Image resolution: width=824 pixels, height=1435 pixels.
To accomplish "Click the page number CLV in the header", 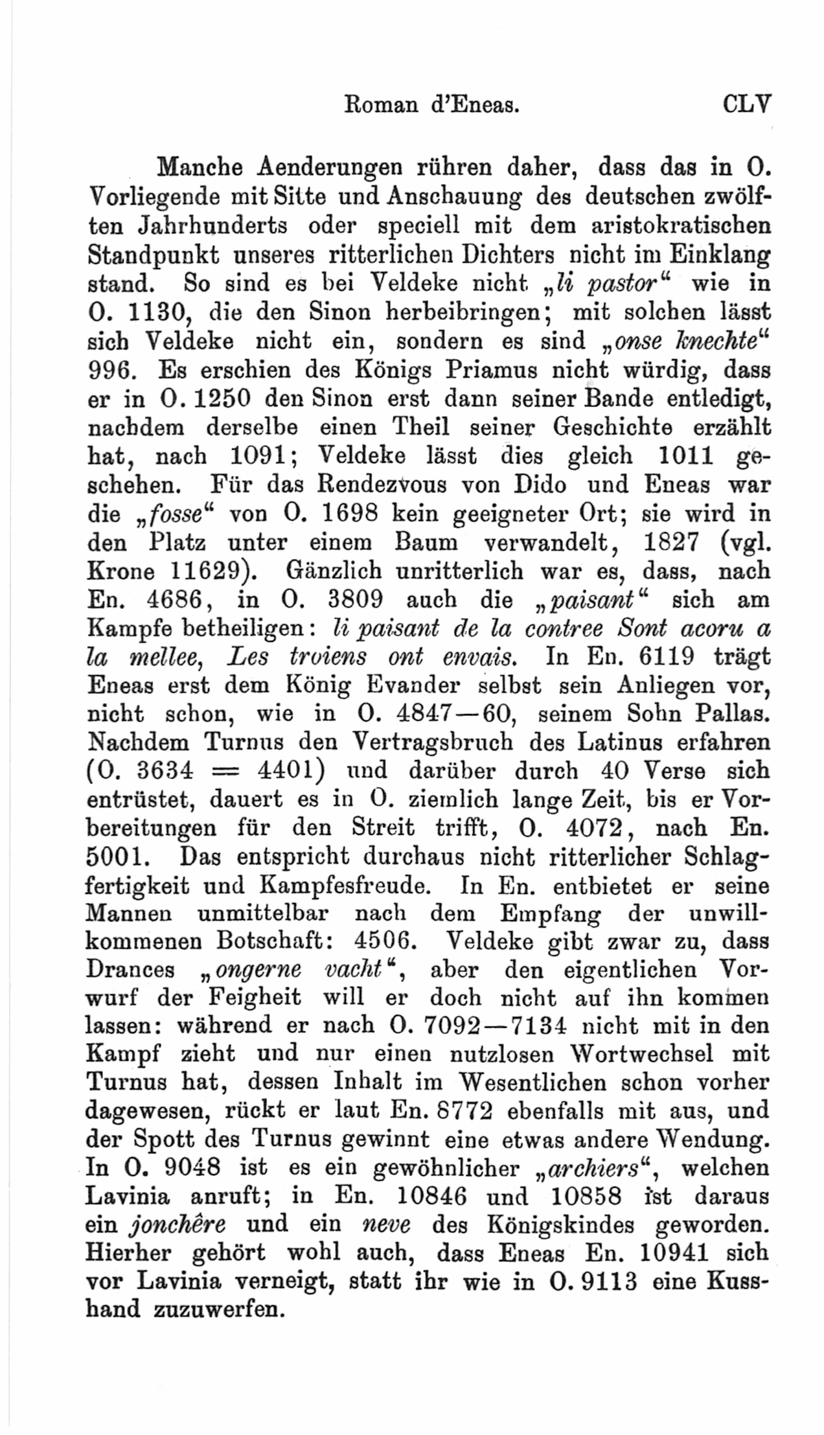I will pos(747,105).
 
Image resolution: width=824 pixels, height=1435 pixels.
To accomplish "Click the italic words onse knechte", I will pos(687,341).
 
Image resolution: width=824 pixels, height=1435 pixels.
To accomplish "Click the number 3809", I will pos(354,600).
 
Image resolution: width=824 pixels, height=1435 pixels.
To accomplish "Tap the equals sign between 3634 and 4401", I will pos(225,772).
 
